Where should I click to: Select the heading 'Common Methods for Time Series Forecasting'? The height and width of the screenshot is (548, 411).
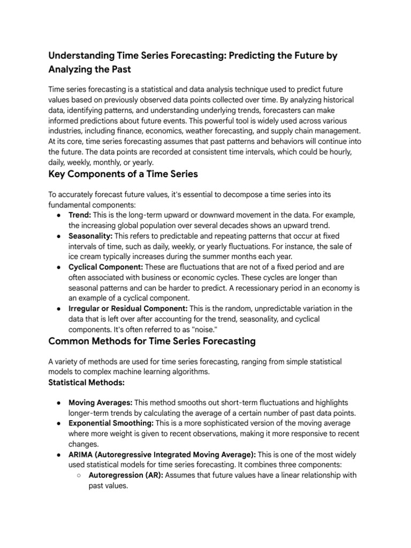(152, 341)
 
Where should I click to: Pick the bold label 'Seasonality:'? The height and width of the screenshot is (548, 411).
(90, 235)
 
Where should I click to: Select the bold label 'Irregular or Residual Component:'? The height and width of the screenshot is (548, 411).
(128, 308)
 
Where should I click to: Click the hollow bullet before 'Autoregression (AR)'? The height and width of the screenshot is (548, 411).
(78, 475)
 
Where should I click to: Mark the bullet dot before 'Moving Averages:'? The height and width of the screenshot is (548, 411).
(58, 402)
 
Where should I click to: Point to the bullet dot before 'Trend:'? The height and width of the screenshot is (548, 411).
(58, 215)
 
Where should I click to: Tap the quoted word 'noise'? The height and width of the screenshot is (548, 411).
(195, 329)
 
